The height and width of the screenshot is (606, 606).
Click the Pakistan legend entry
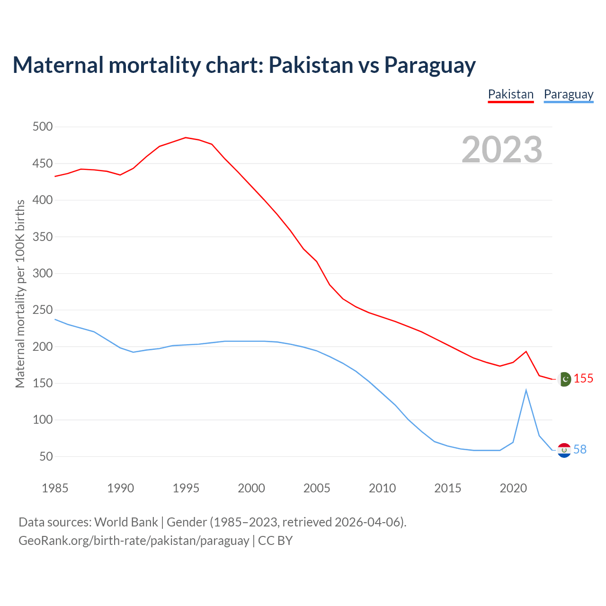point(510,94)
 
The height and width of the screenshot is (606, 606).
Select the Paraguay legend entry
point(568,94)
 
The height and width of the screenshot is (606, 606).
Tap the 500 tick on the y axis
point(43,127)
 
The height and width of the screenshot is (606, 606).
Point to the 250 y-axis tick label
point(43,310)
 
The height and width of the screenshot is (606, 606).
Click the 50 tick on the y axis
point(46,457)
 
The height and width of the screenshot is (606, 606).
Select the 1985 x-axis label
point(55,488)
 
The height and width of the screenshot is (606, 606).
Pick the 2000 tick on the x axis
point(251,488)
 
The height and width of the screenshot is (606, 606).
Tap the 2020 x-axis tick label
point(513,488)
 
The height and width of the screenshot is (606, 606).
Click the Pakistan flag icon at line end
point(564,379)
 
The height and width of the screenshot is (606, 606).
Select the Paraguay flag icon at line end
point(564,450)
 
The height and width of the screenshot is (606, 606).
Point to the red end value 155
point(583,379)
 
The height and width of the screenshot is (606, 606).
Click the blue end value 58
point(580,450)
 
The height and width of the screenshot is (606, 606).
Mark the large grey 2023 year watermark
point(502,150)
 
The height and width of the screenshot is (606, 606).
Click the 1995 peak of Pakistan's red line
point(186,138)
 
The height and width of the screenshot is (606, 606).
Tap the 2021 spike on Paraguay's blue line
point(526,390)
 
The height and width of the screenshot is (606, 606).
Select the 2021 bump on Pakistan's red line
point(526,352)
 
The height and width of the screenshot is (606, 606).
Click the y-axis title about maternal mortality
point(20,294)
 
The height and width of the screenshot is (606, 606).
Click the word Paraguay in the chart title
point(429,65)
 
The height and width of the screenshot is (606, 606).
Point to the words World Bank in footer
point(126,522)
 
